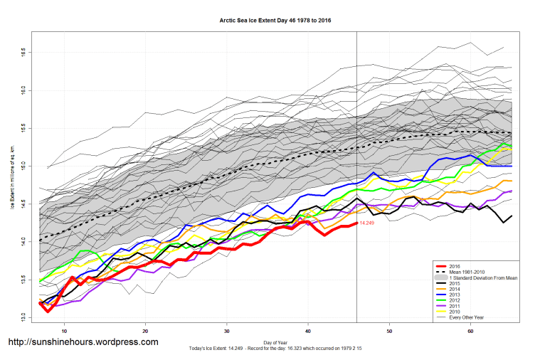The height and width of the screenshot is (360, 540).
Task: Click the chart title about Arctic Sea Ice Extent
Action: pos(275,21)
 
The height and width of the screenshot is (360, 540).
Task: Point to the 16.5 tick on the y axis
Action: pos(23,53)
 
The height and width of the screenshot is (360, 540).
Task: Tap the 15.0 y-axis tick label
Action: pos(23,166)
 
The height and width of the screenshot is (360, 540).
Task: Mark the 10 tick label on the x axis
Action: pos(64,331)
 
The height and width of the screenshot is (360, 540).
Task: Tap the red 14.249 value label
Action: pos(367,223)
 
